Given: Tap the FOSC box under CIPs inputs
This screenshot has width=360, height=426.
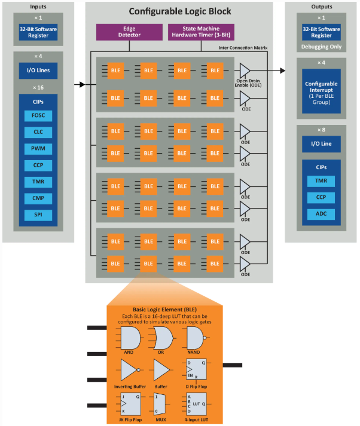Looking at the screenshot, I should [x=38, y=116].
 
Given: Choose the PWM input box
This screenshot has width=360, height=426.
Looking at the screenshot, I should [x=38, y=148].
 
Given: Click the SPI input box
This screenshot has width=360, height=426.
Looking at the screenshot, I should [x=38, y=214].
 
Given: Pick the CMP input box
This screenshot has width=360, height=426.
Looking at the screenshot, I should [x=38, y=198].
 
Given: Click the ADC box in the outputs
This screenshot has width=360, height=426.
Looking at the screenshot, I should [x=321, y=214].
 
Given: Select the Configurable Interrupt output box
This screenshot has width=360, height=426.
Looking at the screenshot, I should [x=321, y=91].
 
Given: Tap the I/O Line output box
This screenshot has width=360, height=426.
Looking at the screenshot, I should [x=321, y=144].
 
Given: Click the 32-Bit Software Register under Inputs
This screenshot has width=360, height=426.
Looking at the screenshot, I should [x=38, y=30].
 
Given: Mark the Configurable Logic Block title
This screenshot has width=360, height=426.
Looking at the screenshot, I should [x=179, y=12].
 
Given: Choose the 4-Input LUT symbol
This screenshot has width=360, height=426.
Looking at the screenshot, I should [x=195, y=404].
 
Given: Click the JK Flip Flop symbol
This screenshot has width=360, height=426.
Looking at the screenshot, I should [x=130, y=404].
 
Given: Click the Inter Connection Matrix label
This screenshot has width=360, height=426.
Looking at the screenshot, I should [x=243, y=48].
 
